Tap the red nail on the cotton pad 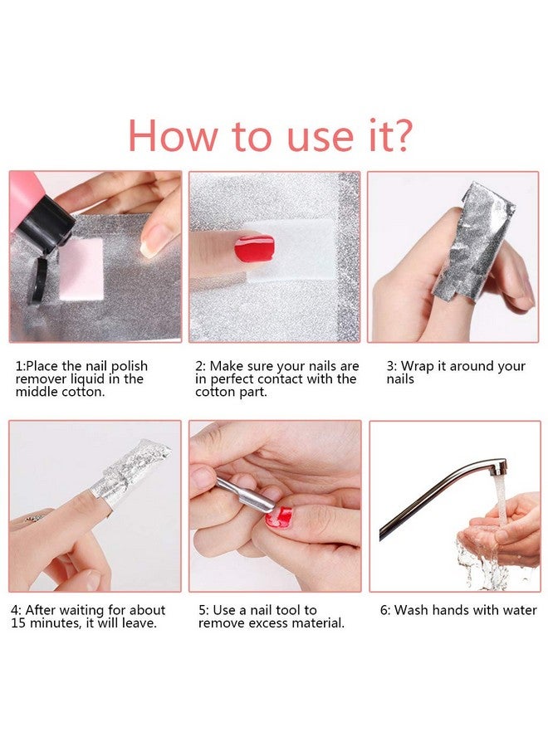pos(254,247)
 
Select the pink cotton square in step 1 pos(80,268)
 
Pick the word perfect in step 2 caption pos(253,379)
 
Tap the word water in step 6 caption pos(519,610)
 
